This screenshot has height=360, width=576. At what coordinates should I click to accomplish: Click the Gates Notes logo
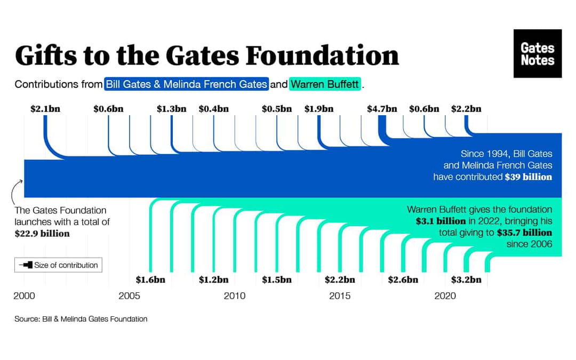537,53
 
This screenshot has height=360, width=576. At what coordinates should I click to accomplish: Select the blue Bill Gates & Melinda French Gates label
186,84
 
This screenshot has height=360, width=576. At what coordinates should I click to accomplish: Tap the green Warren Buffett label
325,84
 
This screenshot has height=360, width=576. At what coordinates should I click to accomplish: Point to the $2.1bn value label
45,109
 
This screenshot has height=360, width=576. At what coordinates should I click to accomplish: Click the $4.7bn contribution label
382,109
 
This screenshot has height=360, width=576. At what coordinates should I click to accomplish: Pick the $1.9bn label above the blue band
319,109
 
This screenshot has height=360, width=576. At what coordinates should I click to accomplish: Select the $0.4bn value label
213,109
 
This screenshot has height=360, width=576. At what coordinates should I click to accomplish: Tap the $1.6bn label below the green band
150,279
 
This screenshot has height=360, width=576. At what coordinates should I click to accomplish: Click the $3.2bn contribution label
466,279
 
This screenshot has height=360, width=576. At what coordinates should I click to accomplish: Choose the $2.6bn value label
403,279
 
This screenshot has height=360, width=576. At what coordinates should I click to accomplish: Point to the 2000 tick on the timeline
24,295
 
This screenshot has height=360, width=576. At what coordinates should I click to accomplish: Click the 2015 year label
340,295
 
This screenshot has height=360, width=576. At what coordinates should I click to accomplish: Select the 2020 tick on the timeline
445,295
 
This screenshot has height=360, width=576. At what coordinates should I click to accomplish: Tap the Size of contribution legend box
58,265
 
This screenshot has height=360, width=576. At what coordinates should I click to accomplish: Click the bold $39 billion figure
528,177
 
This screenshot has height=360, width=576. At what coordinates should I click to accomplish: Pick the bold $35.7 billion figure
524,233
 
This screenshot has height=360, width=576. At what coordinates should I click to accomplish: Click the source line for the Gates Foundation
81,319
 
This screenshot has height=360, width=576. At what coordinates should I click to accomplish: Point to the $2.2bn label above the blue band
466,109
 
